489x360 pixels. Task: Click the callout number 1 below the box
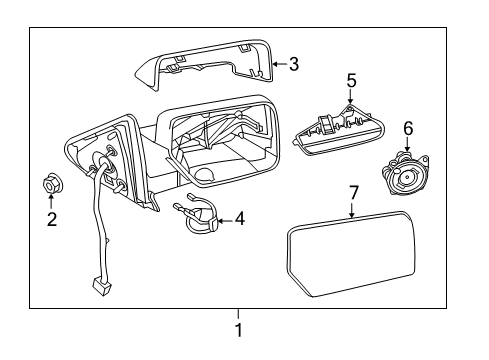click(239, 330)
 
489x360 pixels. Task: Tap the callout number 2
click(52, 219)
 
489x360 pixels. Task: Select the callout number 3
click(294, 64)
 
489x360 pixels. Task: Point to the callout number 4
click(240, 218)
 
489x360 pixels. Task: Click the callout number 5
click(351, 81)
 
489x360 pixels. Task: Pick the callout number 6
click(408, 129)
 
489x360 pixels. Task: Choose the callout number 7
click(353, 193)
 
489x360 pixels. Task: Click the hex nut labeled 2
click(52, 183)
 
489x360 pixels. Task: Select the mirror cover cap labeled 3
click(204, 63)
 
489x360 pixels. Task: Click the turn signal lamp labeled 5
click(339, 130)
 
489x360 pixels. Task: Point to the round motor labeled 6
click(404, 173)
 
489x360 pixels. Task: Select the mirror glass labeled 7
click(351, 253)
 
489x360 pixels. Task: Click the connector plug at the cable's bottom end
click(102, 287)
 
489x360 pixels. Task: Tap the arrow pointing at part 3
click(280, 64)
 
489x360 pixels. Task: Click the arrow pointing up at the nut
click(51, 201)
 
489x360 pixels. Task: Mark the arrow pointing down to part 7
click(352, 210)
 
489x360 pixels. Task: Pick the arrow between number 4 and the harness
click(226, 220)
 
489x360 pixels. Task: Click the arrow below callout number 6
click(407, 144)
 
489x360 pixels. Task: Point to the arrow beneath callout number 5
click(350, 97)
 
